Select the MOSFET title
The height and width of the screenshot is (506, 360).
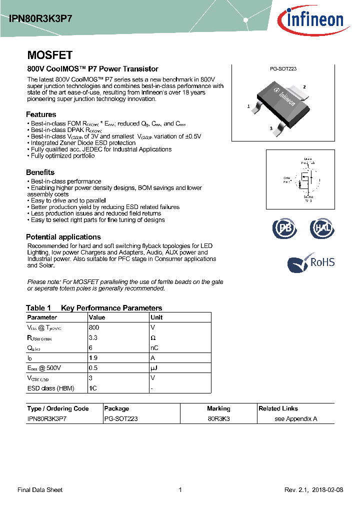(x=49, y=55)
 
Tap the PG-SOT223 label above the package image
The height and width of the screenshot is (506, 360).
(x=283, y=69)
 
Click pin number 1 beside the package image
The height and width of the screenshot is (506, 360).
(x=248, y=106)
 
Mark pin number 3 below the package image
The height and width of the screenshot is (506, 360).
(x=271, y=128)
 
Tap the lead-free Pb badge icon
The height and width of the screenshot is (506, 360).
(x=284, y=228)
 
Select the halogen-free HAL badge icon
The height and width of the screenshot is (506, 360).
(x=321, y=228)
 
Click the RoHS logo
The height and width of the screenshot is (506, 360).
(x=311, y=262)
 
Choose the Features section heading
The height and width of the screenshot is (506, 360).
(x=41, y=114)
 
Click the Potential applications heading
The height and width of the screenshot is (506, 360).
(x=63, y=237)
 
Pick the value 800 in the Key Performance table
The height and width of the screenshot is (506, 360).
(x=94, y=327)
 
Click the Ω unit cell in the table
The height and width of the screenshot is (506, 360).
(x=153, y=337)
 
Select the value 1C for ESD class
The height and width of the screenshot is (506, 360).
(x=92, y=388)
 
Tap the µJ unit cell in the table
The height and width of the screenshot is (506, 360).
(x=154, y=368)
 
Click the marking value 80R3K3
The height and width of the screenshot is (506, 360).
(x=218, y=418)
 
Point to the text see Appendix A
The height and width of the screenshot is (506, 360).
(x=296, y=418)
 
